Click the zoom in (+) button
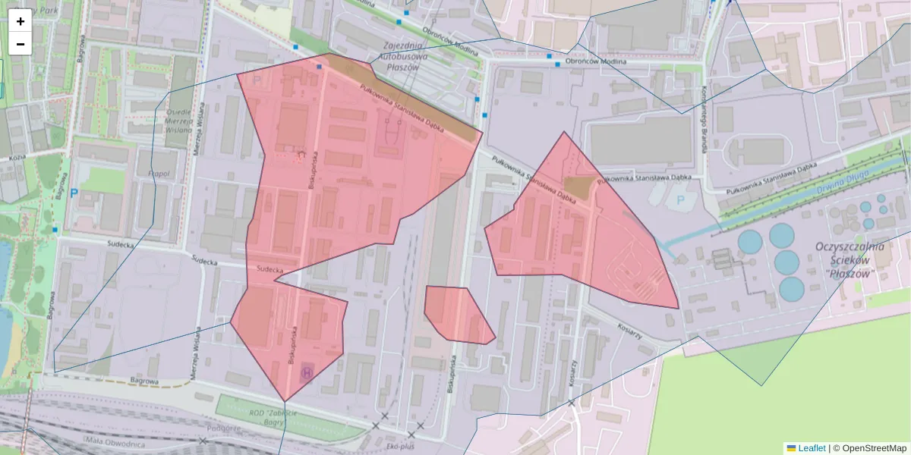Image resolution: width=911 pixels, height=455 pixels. (20, 21)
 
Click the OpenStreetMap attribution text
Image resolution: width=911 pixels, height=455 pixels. (874, 448)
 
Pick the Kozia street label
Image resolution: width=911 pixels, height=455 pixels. (17, 158)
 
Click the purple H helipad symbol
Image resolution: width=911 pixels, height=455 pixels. (307, 372)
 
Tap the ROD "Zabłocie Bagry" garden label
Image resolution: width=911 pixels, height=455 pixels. (274, 416)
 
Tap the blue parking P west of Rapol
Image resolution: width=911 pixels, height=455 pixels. (74, 193)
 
